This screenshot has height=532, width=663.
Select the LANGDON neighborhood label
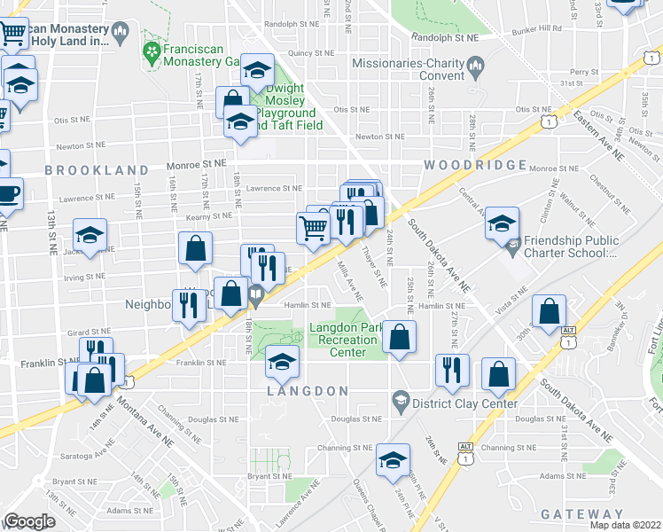pos(307,391)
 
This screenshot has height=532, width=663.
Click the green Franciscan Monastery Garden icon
pos(152,54)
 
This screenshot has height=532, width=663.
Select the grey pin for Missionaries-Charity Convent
pos(476,64)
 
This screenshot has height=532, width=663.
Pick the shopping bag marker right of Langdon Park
pos(401,337)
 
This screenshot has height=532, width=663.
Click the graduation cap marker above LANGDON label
pos(283,361)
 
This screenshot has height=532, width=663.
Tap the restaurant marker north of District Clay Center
pos(452,368)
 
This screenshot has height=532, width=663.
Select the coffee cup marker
pos(7,193)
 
